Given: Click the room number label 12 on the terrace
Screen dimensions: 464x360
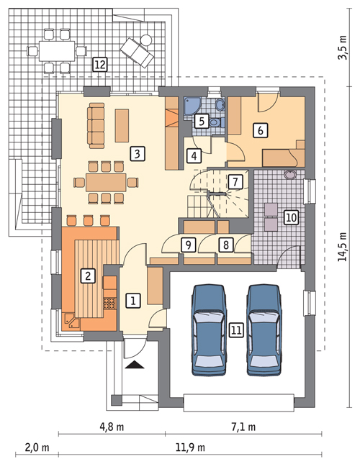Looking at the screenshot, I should (100, 65).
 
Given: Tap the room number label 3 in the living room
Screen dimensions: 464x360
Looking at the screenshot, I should (135, 153).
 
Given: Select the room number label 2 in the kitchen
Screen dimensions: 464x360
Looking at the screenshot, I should (87, 275).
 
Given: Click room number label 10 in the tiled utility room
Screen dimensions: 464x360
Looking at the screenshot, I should (290, 217).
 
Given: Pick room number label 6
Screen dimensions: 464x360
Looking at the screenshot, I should (260, 130).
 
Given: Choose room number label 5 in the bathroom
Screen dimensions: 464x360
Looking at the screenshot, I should (202, 121).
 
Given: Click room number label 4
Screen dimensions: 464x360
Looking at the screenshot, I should (194, 155).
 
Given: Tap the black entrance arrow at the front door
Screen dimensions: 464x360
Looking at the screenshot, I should (135, 367).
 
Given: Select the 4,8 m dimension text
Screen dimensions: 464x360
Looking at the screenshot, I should (111, 426).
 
